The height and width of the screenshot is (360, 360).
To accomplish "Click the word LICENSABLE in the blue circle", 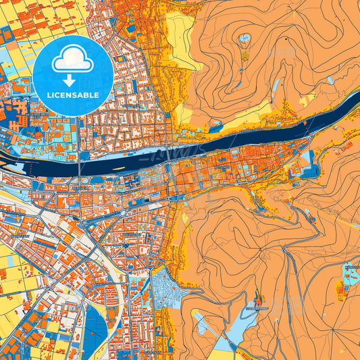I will (x=73, y=95).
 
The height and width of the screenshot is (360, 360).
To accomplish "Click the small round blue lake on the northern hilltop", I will (x=245, y=38).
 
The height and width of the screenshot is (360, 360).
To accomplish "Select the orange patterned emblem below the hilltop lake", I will (x=244, y=54).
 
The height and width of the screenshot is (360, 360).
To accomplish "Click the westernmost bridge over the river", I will (x=80, y=162).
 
